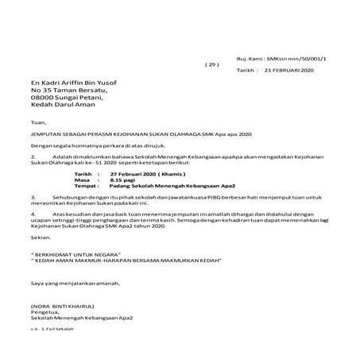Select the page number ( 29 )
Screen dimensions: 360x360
tap(210, 64)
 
